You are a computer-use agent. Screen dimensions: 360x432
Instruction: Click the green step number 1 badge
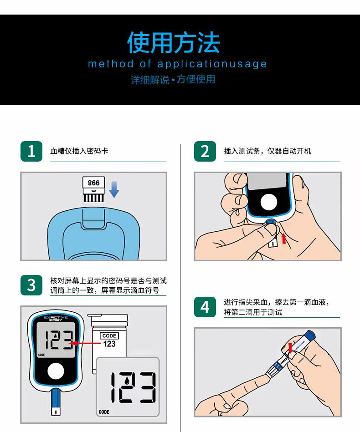(31, 151)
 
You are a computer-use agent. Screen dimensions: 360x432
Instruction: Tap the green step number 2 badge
(205, 151)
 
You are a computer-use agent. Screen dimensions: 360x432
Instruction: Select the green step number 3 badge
(31, 285)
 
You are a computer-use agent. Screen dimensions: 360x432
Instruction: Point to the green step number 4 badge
(205, 307)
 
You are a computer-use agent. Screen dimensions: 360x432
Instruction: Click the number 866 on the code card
(93, 183)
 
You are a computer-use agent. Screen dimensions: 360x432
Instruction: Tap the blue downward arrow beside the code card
(114, 189)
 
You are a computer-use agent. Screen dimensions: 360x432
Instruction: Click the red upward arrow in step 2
(283, 239)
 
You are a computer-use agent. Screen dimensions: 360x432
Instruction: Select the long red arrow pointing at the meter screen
(85, 343)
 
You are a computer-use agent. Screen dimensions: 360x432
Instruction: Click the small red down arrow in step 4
(290, 348)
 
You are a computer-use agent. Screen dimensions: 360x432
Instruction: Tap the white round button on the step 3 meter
(56, 371)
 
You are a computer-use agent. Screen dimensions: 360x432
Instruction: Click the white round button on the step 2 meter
(268, 203)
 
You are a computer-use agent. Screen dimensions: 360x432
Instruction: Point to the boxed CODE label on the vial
(109, 336)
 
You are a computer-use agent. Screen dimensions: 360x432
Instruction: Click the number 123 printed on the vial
(109, 344)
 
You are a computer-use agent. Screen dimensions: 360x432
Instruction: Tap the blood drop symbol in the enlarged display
(127, 381)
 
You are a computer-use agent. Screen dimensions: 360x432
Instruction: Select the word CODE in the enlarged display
(104, 412)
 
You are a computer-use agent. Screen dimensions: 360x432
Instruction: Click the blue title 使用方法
(174, 42)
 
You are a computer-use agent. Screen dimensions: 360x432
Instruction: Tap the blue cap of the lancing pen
(310, 335)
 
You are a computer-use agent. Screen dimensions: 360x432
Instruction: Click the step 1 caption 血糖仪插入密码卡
(79, 151)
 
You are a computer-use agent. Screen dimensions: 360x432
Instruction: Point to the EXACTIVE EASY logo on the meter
(56, 319)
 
